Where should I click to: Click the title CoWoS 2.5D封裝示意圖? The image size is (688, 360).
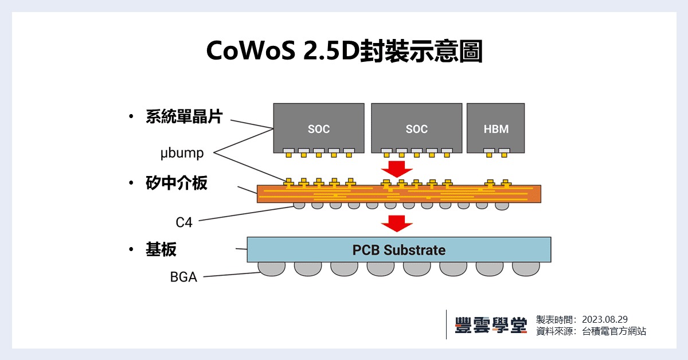(344, 52)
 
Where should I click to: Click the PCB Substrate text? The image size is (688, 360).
(398, 250)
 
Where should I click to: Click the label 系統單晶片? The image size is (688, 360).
(183, 117)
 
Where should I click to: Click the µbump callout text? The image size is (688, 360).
(182, 153)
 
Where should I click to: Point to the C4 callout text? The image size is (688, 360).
(184, 222)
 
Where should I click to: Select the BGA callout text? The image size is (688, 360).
(183, 277)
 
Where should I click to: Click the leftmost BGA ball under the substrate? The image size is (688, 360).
(271, 268)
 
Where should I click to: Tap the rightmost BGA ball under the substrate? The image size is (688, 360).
(526, 268)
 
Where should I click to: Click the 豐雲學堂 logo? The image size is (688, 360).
(490, 325)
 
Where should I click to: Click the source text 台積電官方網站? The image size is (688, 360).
(613, 331)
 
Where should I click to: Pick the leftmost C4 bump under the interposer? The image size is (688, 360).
(299, 205)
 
